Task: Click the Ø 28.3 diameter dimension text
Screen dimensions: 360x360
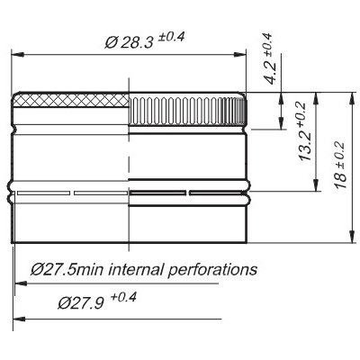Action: [x=129, y=42]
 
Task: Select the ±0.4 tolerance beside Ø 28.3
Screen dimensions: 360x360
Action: [x=171, y=37]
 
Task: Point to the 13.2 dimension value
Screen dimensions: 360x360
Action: [x=306, y=146]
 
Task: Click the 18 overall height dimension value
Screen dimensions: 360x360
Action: [x=341, y=179]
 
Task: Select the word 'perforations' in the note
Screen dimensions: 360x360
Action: [x=212, y=270]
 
